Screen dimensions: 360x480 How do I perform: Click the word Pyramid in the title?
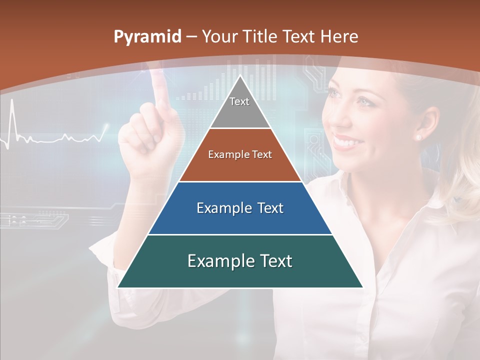tap(147, 37)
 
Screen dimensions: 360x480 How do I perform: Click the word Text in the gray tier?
tap(239, 101)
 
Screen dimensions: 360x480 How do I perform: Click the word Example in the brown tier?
tap(223, 154)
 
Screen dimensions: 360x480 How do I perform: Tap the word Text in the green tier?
tap(275, 261)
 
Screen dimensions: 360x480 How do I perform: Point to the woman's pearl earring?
tap(418, 137)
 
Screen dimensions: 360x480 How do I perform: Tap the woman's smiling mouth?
tap(345, 142)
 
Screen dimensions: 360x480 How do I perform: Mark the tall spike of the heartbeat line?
tap(12, 107)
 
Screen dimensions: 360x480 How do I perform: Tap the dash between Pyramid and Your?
tap(190, 37)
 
